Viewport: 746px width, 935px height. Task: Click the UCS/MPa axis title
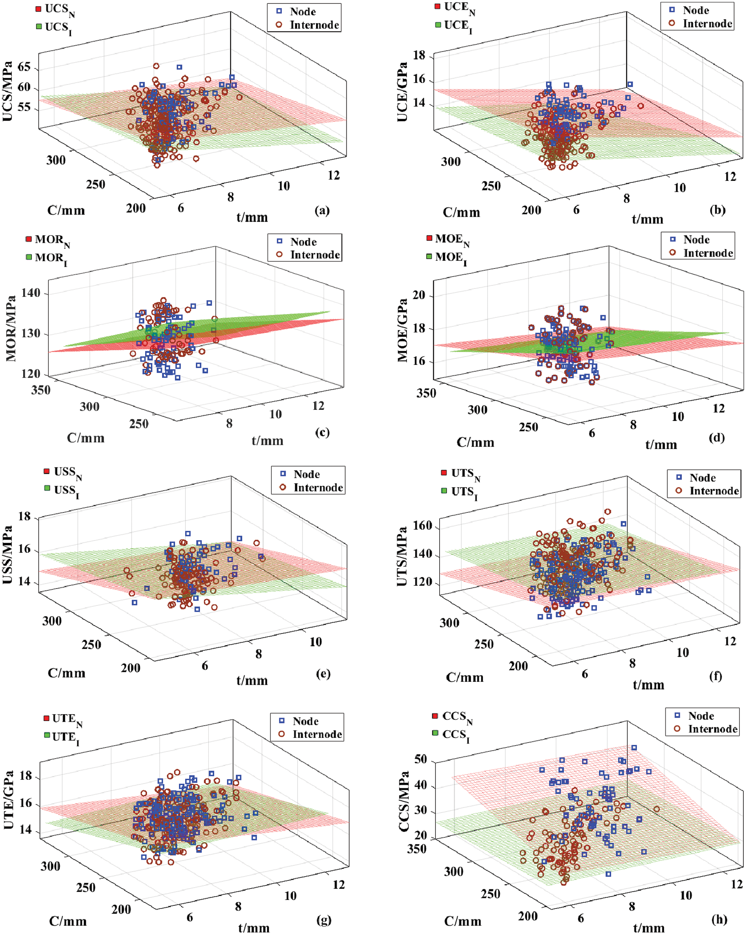(8, 91)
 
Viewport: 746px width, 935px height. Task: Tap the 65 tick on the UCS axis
(24, 68)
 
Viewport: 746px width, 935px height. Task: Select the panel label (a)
(322, 211)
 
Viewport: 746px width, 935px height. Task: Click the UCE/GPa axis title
(402, 92)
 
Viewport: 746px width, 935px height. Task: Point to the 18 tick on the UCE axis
(419, 56)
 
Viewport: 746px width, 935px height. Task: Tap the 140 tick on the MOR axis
(31, 293)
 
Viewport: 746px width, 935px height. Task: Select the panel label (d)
(716, 438)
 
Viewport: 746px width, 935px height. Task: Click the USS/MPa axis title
(8, 555)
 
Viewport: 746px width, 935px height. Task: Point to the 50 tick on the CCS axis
(420, 759)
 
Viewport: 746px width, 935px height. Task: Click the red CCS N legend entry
(453, 717)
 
